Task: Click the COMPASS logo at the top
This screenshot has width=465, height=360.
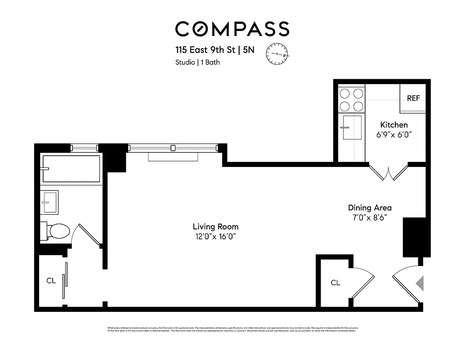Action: point(232,29)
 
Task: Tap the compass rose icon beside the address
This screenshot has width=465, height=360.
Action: point(278,54)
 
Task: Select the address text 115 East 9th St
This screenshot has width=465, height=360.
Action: point(206,50)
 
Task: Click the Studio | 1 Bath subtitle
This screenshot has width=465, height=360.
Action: point(197,63)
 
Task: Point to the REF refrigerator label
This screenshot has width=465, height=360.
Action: point(413,98)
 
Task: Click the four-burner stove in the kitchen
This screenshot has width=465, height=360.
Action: point(351,100)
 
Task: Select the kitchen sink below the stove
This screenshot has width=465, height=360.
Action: point(351,128)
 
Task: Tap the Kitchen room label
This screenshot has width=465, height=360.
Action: point(394,125)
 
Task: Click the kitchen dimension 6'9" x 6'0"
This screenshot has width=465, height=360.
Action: point(394,134)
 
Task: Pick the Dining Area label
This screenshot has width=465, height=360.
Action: point(370,208)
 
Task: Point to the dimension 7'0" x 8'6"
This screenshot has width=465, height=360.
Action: point(370,217)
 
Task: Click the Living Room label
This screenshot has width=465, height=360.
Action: point(215,227)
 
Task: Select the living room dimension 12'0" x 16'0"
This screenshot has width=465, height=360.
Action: point(215,236)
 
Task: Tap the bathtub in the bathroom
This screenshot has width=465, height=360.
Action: point(71,169)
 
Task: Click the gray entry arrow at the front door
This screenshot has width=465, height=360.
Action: point(420,283)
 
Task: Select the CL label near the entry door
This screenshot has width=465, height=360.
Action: point(335,283)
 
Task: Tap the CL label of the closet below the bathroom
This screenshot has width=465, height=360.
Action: point(51,281)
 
